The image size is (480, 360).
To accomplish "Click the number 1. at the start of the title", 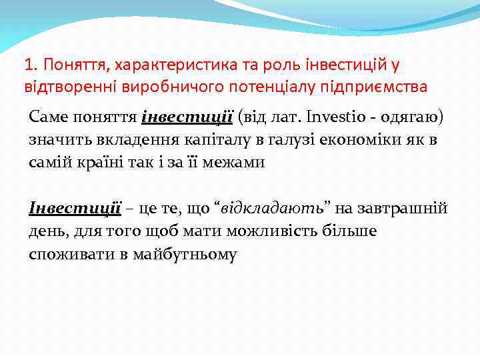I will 29,65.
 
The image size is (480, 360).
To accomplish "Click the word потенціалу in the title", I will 233,87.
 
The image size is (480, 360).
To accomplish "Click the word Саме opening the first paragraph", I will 48,117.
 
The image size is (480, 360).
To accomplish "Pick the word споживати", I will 61,253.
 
